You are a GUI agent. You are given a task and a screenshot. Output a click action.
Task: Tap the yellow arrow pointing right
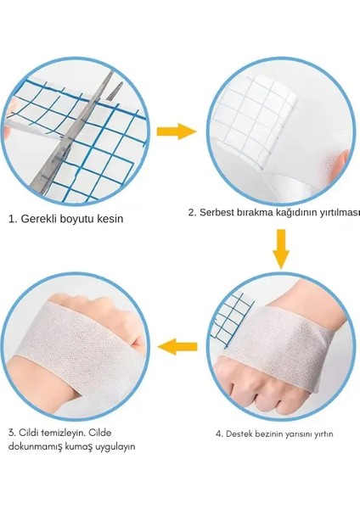click(180, 131)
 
